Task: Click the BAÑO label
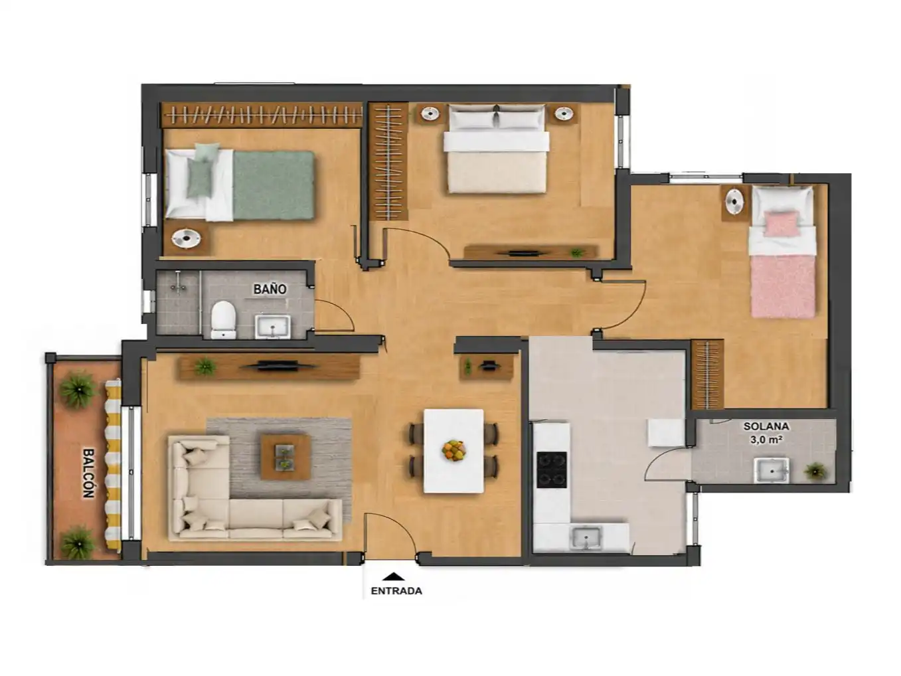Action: (x=270, y=289)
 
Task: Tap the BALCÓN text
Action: (x=89, y=473)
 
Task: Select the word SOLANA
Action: (x=766, y=426)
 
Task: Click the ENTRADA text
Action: (x=396, y=591)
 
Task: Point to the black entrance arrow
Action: (x=393, y=576)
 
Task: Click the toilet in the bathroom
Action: (x=224, y=319)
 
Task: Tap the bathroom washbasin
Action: (x=273, y=327)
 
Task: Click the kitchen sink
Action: (x=587, y=538)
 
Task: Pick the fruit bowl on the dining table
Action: (x=453, y=450)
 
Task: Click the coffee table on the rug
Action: (x=286, y=457)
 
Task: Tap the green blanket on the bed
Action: (x=274, y=185)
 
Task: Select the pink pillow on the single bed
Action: (x=782, y=224)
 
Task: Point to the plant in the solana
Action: (x=815, y=471)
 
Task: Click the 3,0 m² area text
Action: (x=766, y=440)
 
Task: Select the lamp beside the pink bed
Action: (x=734, y=201)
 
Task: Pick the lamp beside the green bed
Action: (x=187, y=238)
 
